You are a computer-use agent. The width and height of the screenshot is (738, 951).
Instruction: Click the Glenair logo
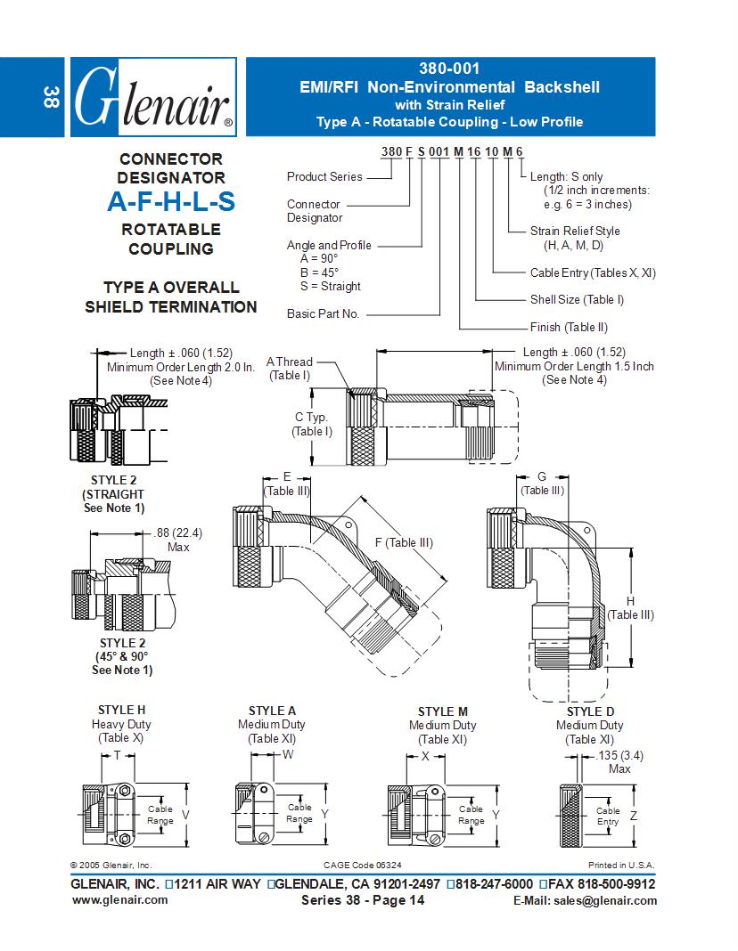(152, 98)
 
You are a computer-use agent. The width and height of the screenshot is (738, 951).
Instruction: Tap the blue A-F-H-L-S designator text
(171, 202)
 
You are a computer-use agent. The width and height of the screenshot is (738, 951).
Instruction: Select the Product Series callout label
(324, 176)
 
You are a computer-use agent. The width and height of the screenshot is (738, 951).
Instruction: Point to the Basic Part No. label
(323, 313)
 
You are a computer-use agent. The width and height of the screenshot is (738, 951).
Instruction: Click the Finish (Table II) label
(568, 327)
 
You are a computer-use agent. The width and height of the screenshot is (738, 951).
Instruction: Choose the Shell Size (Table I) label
(577, 299)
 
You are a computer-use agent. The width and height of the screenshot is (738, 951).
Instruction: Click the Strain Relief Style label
(575, 231)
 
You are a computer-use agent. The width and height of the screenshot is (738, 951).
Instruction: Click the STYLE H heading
(121, 710)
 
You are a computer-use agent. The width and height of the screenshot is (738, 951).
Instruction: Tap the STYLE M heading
(442, 711)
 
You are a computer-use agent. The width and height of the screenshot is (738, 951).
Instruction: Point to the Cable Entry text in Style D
(608, 816)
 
